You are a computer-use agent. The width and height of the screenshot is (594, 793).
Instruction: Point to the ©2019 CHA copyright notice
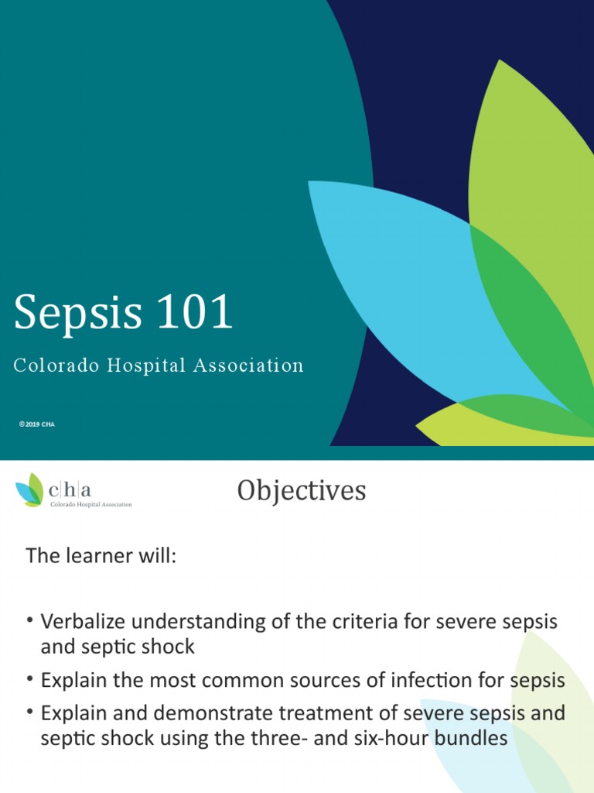tap(37, 424)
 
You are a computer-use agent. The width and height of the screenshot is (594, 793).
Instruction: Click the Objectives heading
tap(302, 490)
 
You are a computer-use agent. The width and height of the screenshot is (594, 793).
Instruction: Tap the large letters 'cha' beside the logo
tap(70, 489)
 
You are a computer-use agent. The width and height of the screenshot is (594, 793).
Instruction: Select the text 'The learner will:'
tap(101, 555)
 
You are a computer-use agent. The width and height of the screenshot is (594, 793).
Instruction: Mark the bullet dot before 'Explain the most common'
tap(30, 680)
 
